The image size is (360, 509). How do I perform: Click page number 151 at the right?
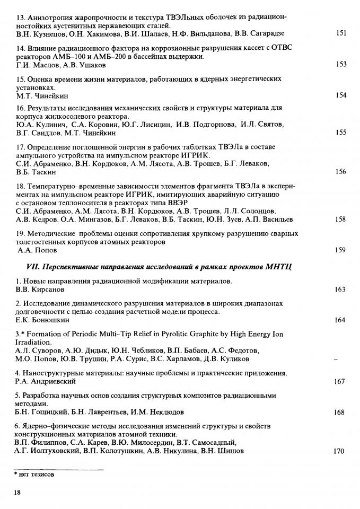(x=341, y=33)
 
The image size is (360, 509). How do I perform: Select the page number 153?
(x=341, y=64)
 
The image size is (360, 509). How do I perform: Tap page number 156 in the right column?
(x=341, y=172)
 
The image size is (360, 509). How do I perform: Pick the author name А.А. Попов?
(x=37, y=250)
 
